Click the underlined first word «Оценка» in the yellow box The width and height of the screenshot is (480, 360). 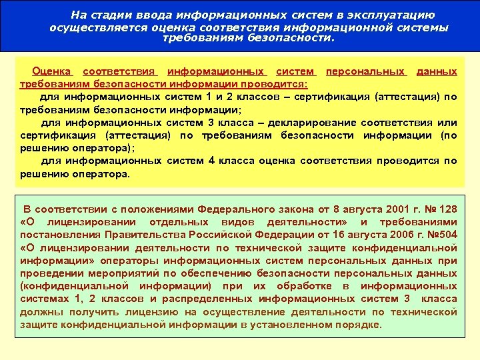[x=52, y=71]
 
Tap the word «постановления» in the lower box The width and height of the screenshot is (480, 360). [x=59, y=235]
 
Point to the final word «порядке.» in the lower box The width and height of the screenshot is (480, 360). [x=359, y=325]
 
